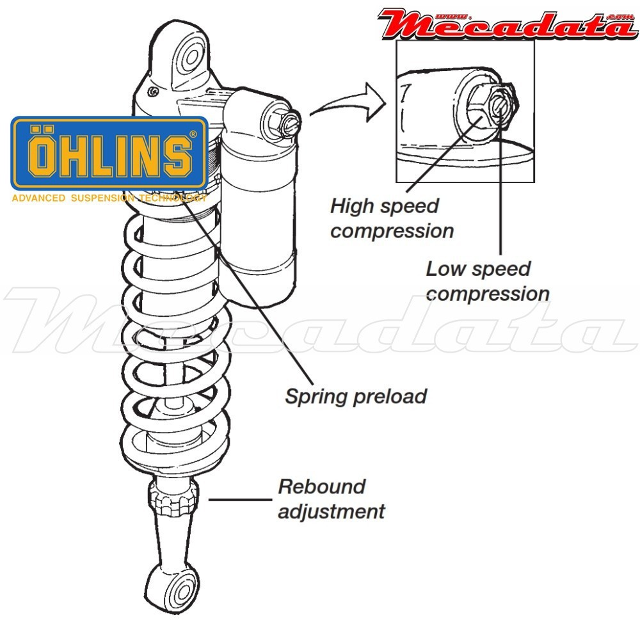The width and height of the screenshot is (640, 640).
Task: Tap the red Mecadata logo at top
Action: click(x=506, y=23)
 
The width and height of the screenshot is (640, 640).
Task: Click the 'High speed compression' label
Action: click(x=391, y=218)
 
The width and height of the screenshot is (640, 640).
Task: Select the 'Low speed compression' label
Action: click(x=487, y=281)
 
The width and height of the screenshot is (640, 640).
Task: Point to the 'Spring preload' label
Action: click(x=356, y=396)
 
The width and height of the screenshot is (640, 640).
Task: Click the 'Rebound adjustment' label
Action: click(x=331, y=499)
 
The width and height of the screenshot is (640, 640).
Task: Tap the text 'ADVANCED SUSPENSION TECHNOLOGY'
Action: click(x=109, y=198)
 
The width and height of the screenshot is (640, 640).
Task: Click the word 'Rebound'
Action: click(x=321, y=486)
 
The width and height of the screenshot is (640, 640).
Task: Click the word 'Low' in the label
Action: click(x=444, y=268)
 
